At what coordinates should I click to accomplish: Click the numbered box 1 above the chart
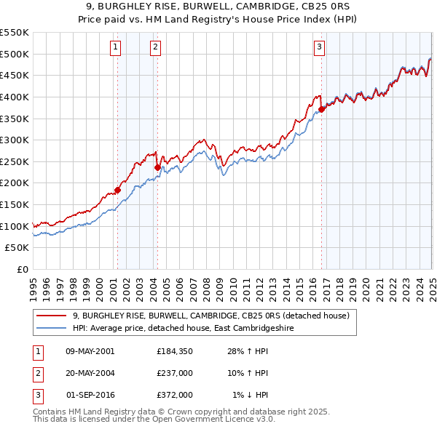coord(116,48)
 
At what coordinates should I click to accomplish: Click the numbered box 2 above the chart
coord(156,48)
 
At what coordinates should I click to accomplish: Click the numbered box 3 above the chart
coord(320,48)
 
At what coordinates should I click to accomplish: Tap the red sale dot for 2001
coord(117,190)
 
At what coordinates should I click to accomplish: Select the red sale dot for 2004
coord(157,167)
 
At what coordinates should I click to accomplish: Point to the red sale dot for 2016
coord(321,109)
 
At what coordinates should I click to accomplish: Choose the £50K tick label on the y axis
coord(17,247)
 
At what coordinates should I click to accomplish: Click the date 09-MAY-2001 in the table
coord(90,351)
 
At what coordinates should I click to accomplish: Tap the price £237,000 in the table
coord(174,373)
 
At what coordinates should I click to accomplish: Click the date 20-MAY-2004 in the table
coord(90,373)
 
